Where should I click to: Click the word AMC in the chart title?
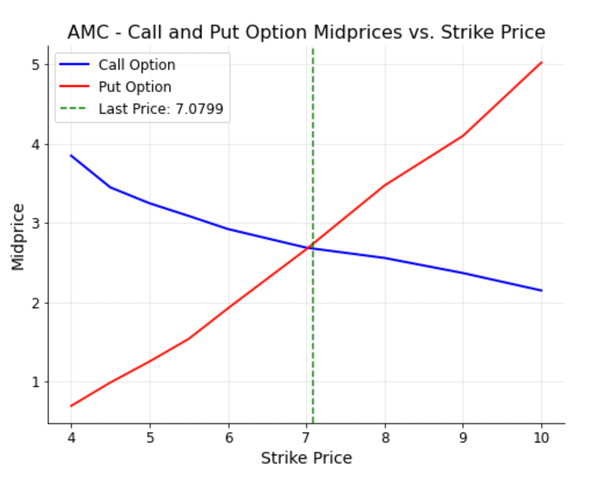click(88, 32)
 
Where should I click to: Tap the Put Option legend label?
click(135, 87)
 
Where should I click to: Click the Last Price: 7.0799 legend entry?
click(161, 109)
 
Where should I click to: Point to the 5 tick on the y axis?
click(36, 65)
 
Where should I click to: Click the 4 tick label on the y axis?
click(36, 145)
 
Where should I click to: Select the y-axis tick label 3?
click(36, 224)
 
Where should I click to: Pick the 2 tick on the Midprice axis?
click(36, 303)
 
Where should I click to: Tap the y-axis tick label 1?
click(36, 382)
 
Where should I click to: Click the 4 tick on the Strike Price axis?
click(71, 438)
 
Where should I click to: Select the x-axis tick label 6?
click(229, 438)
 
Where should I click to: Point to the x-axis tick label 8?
click(385, 438)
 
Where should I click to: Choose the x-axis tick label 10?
click(541, 438)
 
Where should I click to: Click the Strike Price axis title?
click(306, 458)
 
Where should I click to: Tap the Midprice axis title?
click(18, 237)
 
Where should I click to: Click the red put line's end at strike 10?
click(541, 62)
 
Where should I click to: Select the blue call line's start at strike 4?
click(71, 155)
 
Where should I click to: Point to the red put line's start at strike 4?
click(71, 406)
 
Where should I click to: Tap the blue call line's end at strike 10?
click(541, 291)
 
